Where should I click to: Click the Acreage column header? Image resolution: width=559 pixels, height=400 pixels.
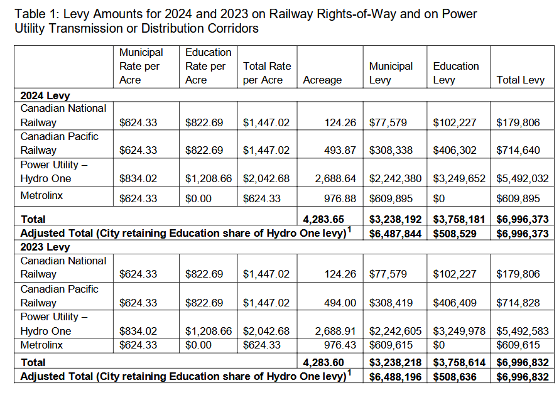(322, 80)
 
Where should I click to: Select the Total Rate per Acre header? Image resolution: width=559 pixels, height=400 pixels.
(267, 73)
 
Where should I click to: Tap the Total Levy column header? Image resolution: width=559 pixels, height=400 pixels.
(520, 80)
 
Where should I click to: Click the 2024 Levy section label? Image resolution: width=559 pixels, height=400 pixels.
(45, 95)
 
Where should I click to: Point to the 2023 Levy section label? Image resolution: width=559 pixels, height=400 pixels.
(45, 247)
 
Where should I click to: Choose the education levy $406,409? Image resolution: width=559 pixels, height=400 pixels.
(455, 303)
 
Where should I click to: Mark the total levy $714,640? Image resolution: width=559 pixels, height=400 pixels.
(518, 150)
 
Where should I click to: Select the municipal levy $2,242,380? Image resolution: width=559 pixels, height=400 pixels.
(395, 178)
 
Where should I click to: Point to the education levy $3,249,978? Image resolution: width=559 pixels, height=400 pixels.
(459, 331)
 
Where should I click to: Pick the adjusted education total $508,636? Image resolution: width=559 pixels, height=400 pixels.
(455, 376)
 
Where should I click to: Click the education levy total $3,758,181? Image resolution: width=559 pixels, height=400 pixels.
(459, 219)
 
